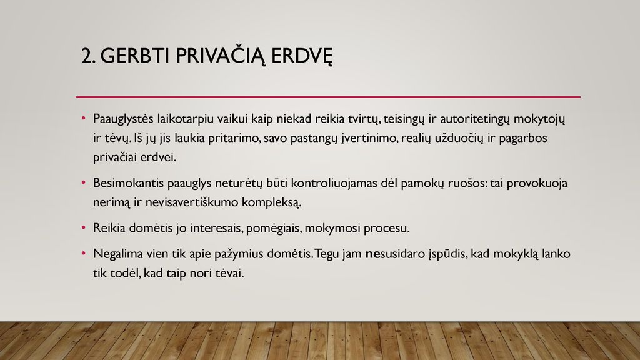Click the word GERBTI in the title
135,56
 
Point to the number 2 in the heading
86,56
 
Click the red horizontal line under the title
328,97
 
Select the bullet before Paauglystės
84,118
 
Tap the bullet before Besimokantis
84,182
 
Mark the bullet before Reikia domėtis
84,227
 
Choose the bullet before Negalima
84,254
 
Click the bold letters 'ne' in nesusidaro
372,254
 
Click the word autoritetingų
475,119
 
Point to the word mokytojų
539,119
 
